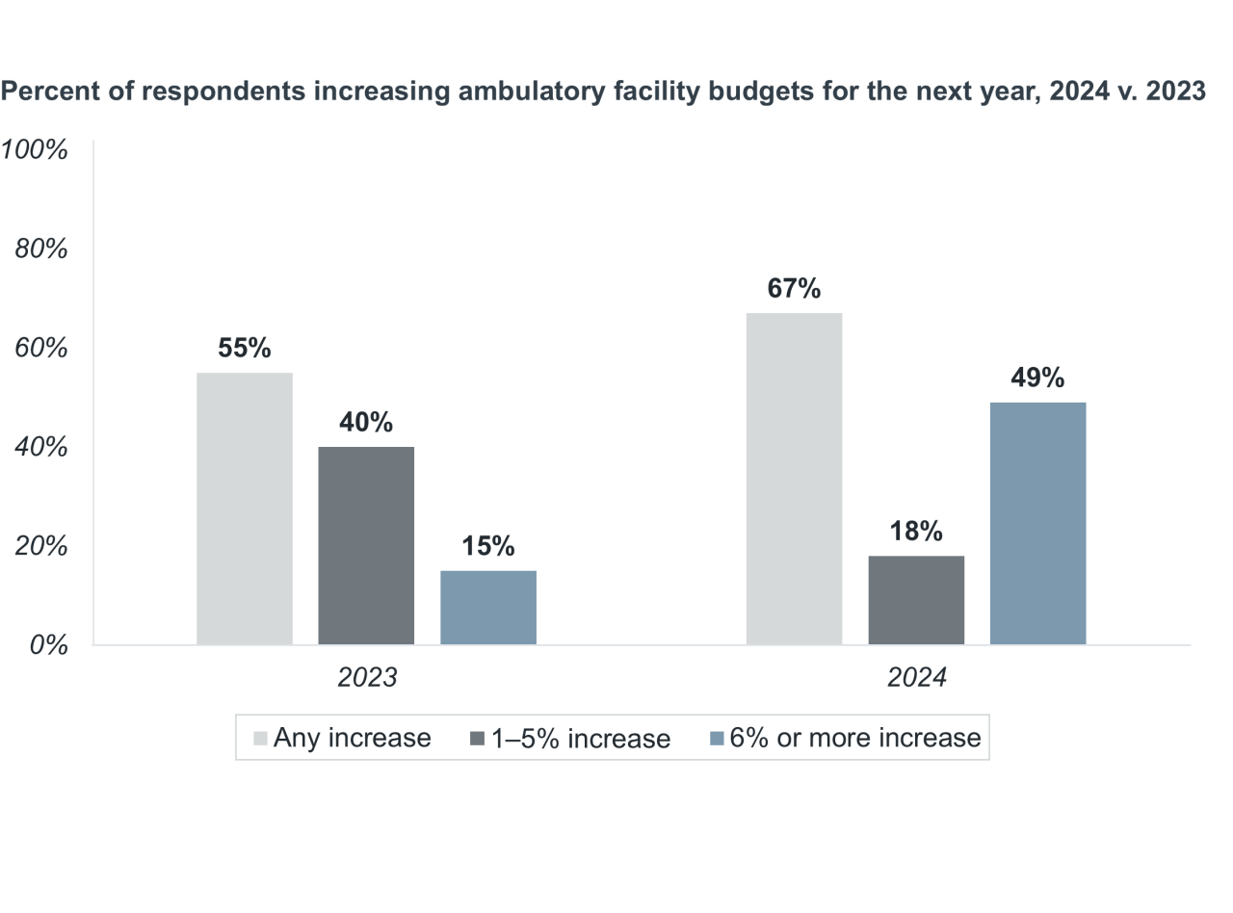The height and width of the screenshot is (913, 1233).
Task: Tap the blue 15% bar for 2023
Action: pyautogui.click(x=488, y=608)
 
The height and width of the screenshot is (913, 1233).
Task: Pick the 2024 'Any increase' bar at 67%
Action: pyautogui.click(x=794, y=479)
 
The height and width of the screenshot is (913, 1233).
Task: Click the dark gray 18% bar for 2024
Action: pyautogui.click(x=916, y=600)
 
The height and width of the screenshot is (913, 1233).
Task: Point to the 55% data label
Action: pyautogui.click(x=245, y=348)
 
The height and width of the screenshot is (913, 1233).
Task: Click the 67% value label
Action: pyautogui.click(x=794, y=288)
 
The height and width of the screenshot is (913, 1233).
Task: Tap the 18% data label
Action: pyautogui.click(x=916, y=531)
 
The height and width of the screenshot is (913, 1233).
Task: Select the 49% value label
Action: pyautogui.click(x=1037, y=378)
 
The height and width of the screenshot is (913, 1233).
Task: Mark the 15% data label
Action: pyautogui.click(x=488, y=546)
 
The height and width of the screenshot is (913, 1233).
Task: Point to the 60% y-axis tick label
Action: pyautogui.click(x=41, y=348)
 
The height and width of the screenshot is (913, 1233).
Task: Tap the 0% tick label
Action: pyautogui.click(x=48, y=644)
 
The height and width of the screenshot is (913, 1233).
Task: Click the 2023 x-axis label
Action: pyautogui.click(x=367, y=677)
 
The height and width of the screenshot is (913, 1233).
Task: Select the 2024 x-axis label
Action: pyautogui.click(x=917, y=677)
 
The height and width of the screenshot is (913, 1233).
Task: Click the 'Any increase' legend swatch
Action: pyautogui.click(x=261, y=738)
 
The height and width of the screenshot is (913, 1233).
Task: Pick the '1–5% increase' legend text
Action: pyautogui.click(x=580, y=739)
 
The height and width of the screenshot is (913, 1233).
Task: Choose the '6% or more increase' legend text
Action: pyautogui.click(x=855, y=738)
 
